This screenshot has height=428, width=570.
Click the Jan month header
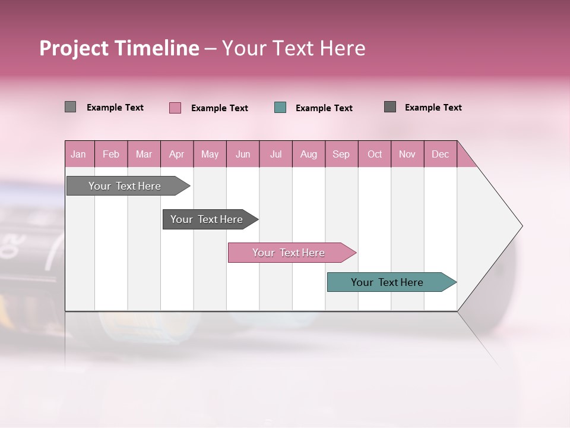click(x=79, y=154)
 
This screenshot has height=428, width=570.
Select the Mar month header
click(x=144, y=154)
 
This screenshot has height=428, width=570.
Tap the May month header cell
click(x=210, y=154)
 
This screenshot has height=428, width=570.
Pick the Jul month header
click(x=275, y=154)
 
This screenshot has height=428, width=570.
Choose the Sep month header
click(x=341, y=154)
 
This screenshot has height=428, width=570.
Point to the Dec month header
click(x=440, y=154)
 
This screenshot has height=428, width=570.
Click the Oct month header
click(x=375, y=154)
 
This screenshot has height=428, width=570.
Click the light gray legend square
click(x=70, y=107)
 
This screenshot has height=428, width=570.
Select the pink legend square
click(x=175, y=108)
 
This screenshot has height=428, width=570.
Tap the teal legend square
click(x=280, y=108)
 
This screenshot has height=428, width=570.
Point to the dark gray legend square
click(x=389, y=107)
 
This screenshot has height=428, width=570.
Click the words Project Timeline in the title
click(x=119, y=48)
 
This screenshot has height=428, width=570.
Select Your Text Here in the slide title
click(x=293, y=48)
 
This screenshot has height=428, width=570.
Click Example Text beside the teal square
click(x=324, y=108)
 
